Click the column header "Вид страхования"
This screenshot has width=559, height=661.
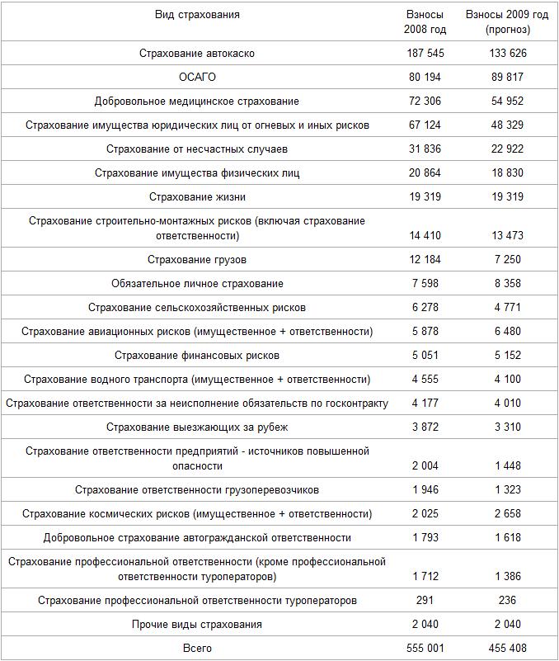point(197,15)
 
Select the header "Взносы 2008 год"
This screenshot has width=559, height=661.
point(425,22)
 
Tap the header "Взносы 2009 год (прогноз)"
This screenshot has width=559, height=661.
point(507,22)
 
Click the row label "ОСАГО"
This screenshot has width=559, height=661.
point(197,77)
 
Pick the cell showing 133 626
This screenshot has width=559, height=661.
point(507,53)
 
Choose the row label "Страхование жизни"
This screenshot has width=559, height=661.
point(197,197)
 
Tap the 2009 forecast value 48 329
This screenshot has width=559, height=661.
point(507,125)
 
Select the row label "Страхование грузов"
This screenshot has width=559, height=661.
point(197,260)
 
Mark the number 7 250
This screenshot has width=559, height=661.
point(507,260)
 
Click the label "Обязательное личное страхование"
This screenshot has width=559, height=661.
point(197,284)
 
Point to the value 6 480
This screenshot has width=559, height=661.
point(507,332)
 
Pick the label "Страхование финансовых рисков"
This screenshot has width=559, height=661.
point(197,356)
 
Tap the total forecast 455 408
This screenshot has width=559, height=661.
point(507,648)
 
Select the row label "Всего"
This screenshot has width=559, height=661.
point(197,648)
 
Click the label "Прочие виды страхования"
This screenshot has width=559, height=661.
point(197,624)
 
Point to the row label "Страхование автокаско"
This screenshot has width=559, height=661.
point(197,53)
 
